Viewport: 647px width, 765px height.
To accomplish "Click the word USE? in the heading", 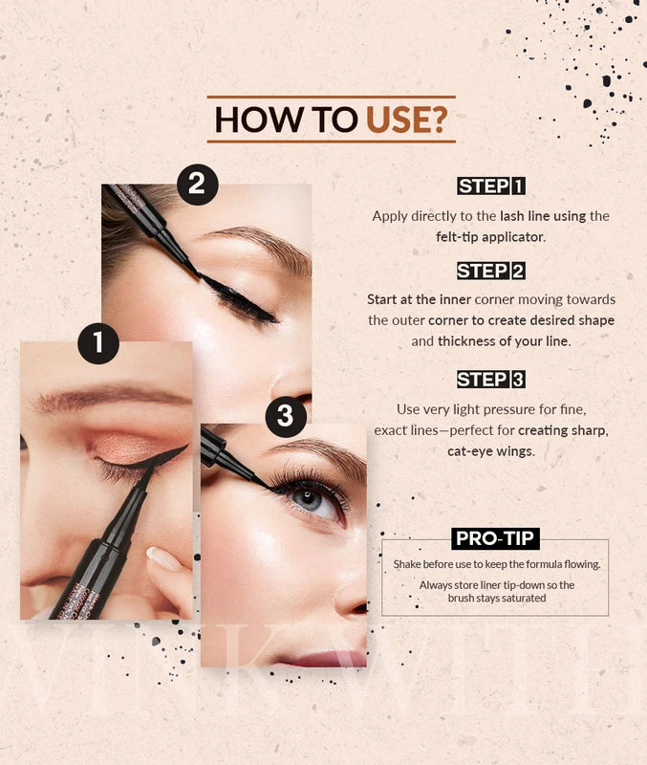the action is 406,119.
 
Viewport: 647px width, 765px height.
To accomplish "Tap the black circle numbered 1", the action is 98,343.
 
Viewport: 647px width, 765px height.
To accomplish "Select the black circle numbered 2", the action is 197,184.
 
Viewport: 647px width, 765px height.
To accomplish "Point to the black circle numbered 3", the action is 286,416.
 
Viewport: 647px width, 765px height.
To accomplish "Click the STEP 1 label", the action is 491,186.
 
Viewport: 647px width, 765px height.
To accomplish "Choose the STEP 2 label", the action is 491,271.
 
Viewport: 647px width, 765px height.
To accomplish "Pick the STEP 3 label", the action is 491,379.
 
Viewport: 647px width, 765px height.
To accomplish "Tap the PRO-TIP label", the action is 495,538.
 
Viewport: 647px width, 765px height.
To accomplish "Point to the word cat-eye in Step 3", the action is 467,451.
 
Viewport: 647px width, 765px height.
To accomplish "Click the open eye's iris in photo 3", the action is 307,498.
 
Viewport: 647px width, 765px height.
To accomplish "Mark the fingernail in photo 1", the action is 163,558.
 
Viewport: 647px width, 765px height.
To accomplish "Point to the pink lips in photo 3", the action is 323,659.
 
